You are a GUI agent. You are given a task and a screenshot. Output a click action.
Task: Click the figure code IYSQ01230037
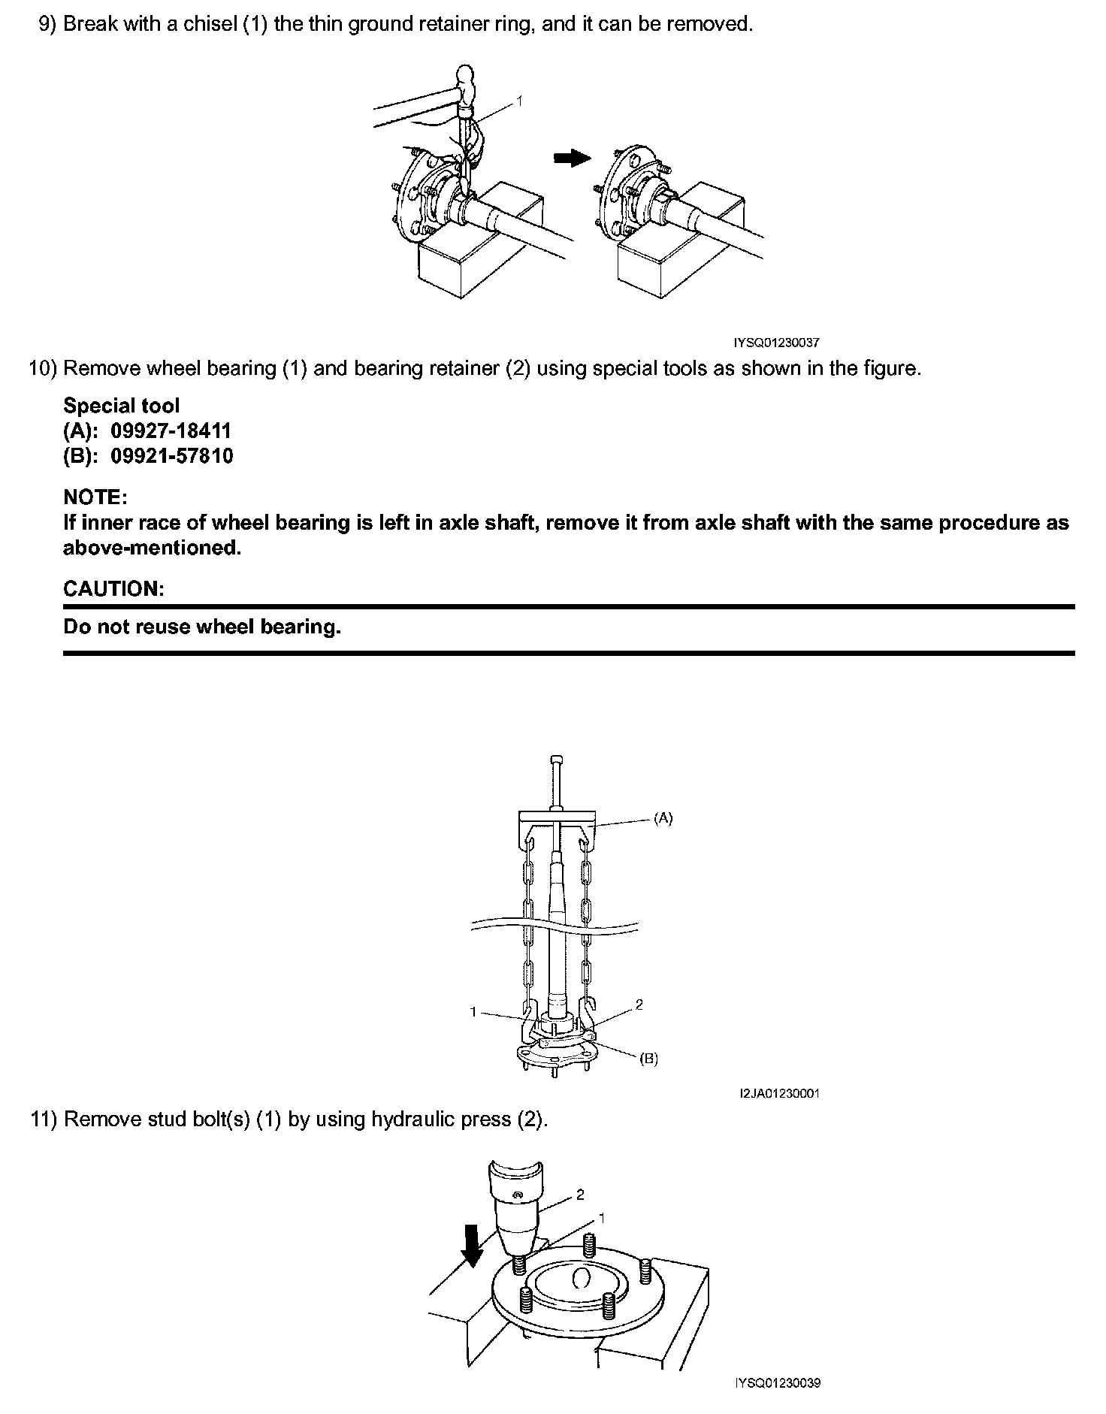tap(776, 343)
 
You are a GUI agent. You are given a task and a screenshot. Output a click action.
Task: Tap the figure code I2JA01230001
tap(779, 1093)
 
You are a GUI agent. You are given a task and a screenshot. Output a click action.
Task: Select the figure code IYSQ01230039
tap(778, 1383)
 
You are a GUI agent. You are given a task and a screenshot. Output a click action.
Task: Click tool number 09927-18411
tap(171, 431)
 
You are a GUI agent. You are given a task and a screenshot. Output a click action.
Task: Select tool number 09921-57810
tap(172, 455)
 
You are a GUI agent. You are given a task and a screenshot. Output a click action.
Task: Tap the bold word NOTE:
tap(95, 497)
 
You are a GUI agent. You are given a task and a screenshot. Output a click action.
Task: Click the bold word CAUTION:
tap(113, 588)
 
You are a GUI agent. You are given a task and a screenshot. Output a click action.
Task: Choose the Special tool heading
tap(122, 406)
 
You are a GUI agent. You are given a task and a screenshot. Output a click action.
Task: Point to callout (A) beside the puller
tap(663, 819)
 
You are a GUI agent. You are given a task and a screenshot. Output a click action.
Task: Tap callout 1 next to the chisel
tap(519, 100)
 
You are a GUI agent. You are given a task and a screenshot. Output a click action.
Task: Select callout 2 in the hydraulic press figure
tap(580, 1195)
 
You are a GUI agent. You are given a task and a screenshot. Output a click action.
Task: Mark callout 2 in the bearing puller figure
tap(639, 1005)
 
